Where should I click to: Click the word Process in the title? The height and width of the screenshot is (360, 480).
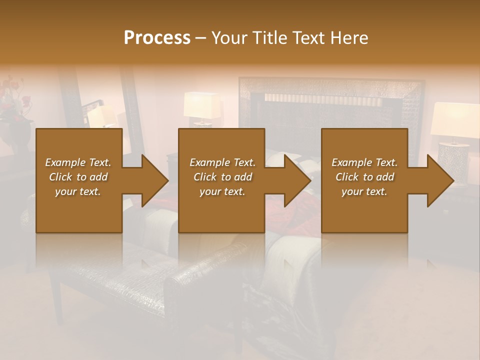coord(157,38)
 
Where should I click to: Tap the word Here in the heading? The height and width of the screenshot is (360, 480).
coord(349,38)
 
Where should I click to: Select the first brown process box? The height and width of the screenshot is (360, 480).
coord(79,210)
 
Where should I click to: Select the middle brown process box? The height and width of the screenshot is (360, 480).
coord(221,210)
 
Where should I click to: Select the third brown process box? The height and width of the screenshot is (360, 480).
coord(364,210)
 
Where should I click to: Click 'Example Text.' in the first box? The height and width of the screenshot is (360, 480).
coord(78,162)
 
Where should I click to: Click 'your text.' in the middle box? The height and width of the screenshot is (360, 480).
coord(222,191)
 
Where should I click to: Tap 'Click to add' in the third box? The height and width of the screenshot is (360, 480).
coord(364,177)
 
